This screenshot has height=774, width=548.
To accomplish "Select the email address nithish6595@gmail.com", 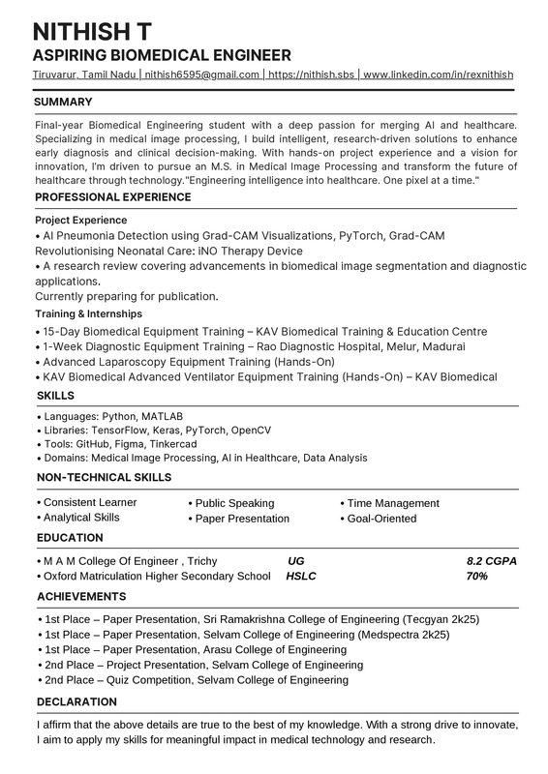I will coord(202,74).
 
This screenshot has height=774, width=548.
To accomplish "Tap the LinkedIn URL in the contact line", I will coord(439,74).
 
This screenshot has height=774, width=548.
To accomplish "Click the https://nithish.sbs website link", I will coord(311,74).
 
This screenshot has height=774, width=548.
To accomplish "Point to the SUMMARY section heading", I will coord(63,102).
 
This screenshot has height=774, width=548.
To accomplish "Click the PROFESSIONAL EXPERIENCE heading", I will coord(113,197).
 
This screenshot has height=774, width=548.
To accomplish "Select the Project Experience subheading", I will coord(80,221).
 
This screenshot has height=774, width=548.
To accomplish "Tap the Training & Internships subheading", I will coord(88,314).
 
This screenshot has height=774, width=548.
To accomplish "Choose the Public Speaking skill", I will coord(234,503).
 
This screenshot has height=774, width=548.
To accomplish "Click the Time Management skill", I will coord(393,503).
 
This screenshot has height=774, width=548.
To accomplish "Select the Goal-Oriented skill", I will coord(381,519).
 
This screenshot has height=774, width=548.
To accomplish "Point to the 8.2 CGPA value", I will coord(492,561).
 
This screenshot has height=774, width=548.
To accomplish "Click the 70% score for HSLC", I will coord(476,577).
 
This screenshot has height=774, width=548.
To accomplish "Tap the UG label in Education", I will coord(297,561).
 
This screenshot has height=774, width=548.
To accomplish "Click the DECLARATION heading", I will coord(76,701).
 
